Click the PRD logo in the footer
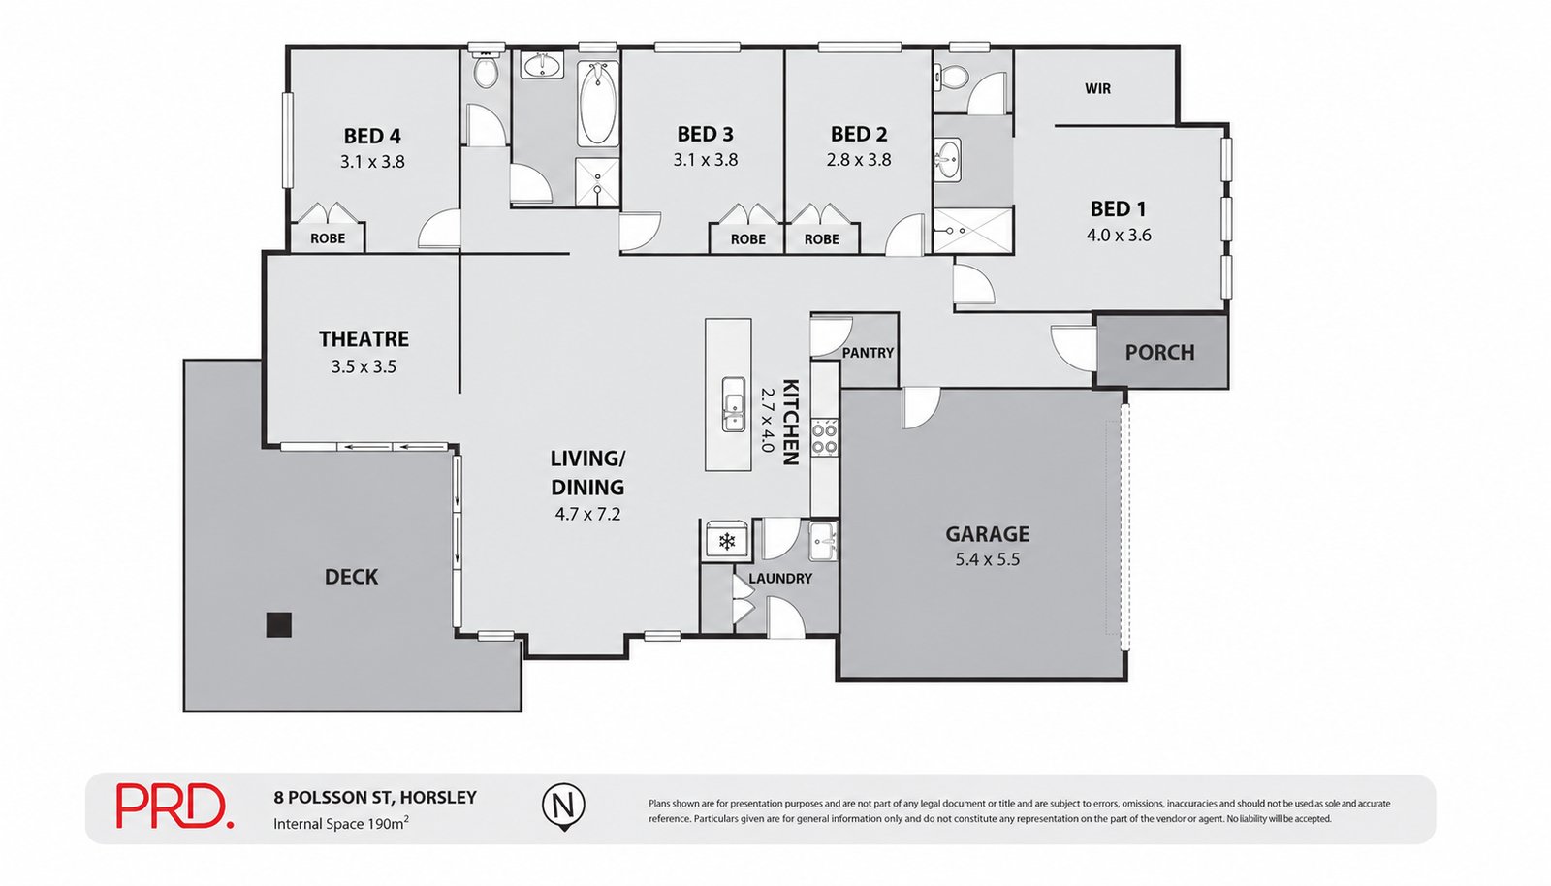click(174, 806)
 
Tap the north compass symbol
click(563, 807)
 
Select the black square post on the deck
click(278, 624)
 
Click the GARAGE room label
click(988, 534)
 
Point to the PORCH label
click(1159, 352)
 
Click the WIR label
click(1097, 88)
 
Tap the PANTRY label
click(868, 353)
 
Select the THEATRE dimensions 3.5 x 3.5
click(364, 366)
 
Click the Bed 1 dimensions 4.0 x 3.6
click(1119, 236)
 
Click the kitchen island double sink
click(733, 404)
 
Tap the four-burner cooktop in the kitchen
click(824, 438)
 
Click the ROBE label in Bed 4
click(328, 238)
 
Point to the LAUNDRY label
click(780, 579)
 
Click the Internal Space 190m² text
click(340, 824)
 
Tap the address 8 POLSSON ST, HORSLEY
click(375, 798)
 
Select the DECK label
click(351, 577)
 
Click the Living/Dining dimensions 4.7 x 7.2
click(587, 515)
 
